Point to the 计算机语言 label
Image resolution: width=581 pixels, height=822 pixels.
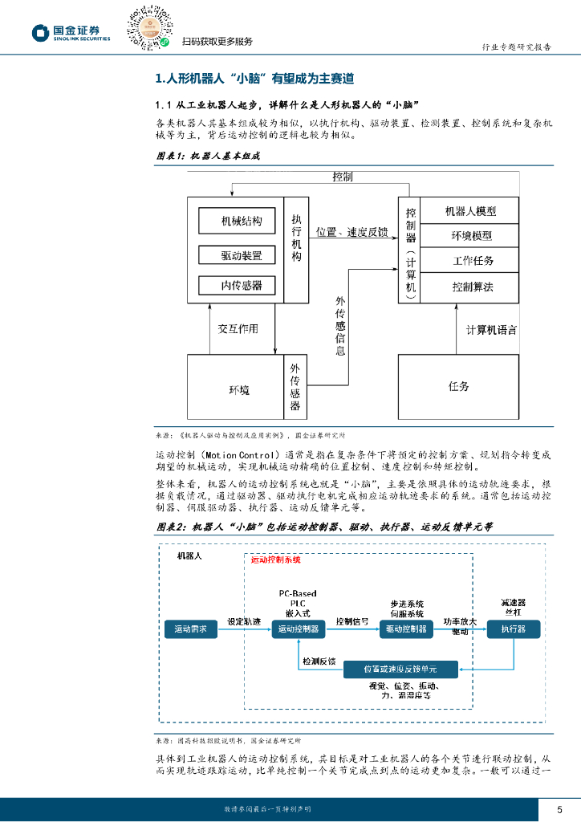492,330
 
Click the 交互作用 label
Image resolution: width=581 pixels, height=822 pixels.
238,329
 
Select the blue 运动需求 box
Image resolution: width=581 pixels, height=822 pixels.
190,629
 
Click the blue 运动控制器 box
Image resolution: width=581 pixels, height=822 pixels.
298,629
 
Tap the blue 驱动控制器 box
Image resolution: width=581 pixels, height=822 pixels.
405,629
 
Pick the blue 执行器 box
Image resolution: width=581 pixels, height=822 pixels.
513,629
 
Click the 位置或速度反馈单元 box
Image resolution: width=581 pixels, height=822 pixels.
400,668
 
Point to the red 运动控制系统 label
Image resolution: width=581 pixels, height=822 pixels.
275,560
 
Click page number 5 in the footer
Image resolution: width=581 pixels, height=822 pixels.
559,809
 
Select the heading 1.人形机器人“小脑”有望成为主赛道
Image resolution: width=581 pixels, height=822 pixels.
254,79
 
